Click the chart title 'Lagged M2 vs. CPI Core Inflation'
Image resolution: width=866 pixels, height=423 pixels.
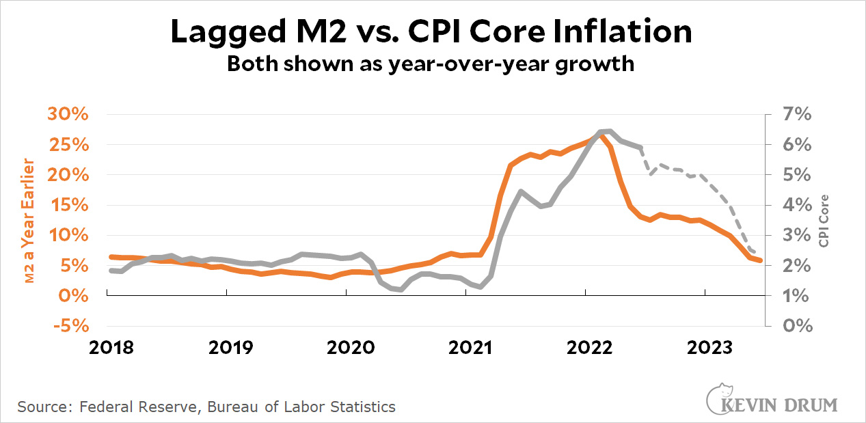click(x=431, y=32)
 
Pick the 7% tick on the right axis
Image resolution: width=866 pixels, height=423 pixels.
click(x=796, y=115)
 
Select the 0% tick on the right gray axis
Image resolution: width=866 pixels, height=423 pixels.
click(x=796, y=325)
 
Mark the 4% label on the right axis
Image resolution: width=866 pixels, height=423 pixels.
click(x=796, y=205)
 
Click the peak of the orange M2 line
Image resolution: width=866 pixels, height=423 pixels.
click(x=601, y=135)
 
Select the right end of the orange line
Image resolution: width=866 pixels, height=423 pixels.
click(x=761, y=260)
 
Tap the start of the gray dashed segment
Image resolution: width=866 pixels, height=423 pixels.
click(x=640, y=148)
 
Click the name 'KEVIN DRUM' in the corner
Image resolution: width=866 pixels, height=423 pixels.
click(x=779, y=405)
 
